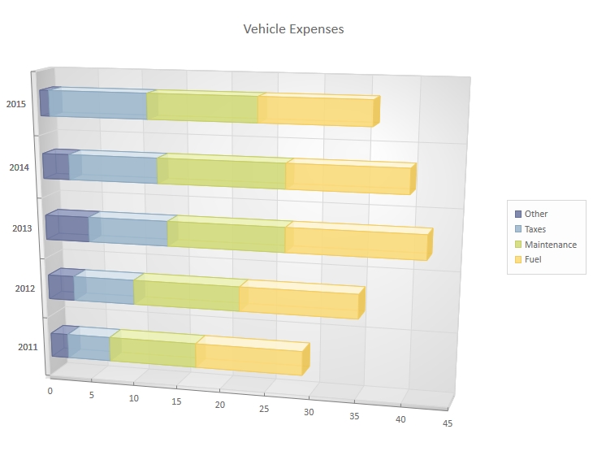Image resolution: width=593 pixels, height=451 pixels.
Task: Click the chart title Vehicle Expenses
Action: pos(293,29)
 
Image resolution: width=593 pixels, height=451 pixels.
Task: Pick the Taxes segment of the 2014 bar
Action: pos(113,169)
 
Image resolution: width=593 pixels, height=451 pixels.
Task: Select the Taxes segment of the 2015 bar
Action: pos(98,106)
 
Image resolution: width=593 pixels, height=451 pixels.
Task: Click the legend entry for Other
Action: pos(536,214)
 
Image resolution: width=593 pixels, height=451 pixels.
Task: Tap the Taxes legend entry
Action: pos(535,229)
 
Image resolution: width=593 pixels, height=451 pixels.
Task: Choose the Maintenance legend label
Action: pos(550,245)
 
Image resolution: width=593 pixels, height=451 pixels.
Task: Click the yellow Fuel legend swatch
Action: pos(518,260)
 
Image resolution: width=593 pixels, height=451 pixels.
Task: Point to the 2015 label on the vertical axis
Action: pos(17,105)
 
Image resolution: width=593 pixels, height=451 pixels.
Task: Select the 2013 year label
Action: pos(22,228)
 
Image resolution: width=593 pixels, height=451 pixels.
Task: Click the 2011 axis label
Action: pos(28,348)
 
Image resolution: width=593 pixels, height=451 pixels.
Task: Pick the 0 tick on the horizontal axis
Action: pos(50,391)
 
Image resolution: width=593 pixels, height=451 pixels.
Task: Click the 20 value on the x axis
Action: pos(220,405)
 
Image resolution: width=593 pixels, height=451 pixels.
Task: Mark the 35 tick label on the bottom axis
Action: pos(354,415)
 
